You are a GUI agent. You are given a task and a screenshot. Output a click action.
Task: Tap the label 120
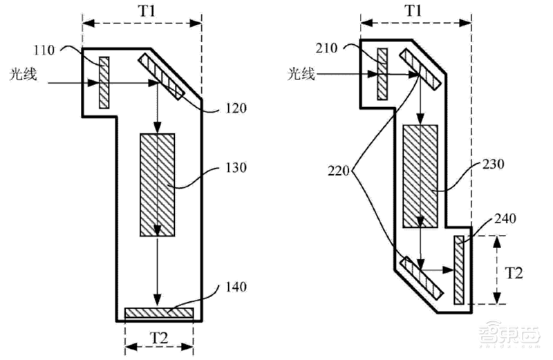tap(236, 108)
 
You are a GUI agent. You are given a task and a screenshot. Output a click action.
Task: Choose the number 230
tap(495, 165)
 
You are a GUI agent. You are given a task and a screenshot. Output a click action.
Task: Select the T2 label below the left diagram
tap(158, 339)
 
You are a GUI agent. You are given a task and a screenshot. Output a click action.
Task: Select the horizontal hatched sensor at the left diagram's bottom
tap(158, 313)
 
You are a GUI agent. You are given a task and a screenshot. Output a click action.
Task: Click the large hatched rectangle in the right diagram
tap(420, 176)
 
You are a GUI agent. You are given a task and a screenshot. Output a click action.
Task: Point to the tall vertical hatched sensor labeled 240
tap(459, 269)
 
